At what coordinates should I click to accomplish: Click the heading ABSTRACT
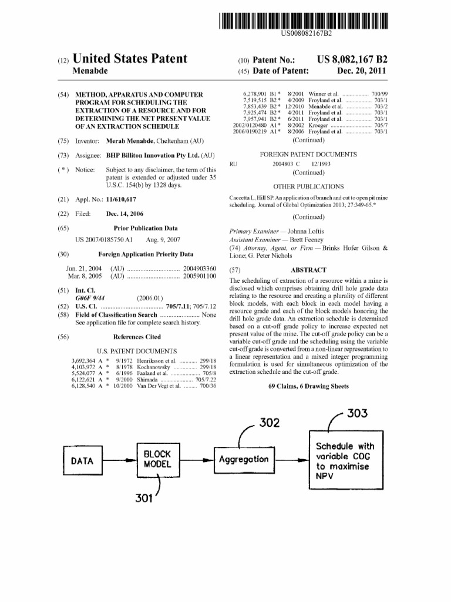click(x=309, y=270)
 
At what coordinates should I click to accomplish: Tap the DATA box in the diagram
click(x=82, y=461)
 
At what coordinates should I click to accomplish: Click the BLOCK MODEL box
click(x=157, y=459)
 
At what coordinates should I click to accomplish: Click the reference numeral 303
click(x=356, y=413)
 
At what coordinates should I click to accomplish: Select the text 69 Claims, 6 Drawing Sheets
click(x=308, y=386)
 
